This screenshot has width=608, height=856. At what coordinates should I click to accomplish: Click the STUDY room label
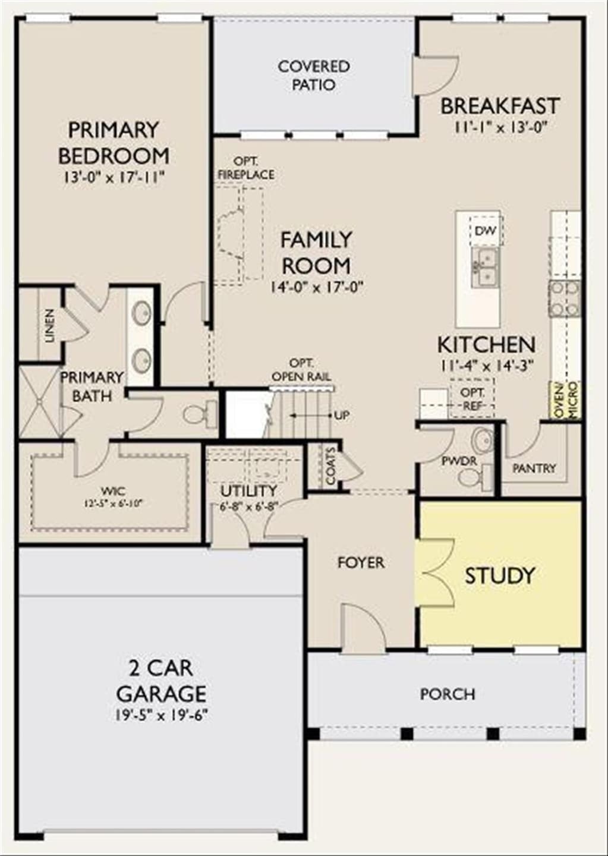[x=499, y=575]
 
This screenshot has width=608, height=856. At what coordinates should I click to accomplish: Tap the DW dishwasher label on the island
[x=486, y=231]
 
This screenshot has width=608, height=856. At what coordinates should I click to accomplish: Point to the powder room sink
[x=483, y=440]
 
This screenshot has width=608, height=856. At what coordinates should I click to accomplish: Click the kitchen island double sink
[x=485, y=267]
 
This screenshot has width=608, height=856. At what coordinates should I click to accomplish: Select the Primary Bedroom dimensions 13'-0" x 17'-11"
[x=114, y=177]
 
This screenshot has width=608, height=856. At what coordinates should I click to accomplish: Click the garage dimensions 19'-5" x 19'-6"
[x=161, y=715]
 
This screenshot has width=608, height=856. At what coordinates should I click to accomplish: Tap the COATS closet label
[x=330, y=466]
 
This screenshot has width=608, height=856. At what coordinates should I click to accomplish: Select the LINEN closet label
[x=50, y=325]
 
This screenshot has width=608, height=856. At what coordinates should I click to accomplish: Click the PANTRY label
[x=534, y=468]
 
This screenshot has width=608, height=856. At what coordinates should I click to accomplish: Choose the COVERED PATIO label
[x=314, y=75]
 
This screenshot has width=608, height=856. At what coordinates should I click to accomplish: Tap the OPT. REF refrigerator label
[x=472, y=398]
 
